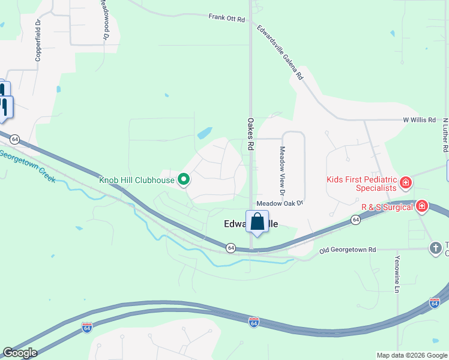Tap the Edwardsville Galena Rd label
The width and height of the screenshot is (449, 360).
281,53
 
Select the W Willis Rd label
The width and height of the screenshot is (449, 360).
419,120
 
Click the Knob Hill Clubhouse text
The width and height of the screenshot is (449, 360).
137,179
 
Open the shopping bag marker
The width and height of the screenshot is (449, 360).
257,222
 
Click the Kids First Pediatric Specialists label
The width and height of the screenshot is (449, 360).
361,184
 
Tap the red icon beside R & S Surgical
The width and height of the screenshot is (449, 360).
422,206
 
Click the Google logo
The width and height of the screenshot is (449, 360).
20,353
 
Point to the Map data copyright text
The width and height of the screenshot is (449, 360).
411,355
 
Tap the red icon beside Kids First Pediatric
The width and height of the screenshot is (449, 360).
406,182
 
